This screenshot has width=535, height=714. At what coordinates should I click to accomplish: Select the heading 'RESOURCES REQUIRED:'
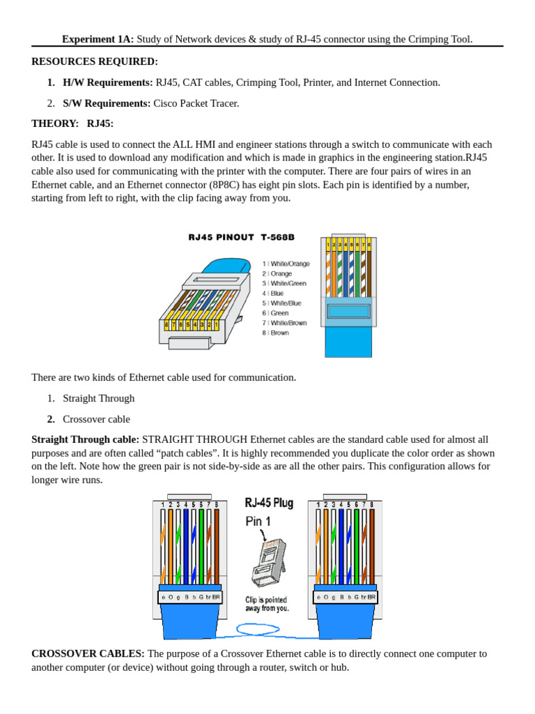(95, 61)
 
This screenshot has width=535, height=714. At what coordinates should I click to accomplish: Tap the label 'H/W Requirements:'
(107, 82)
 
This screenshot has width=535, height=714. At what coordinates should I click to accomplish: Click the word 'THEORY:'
(55, 123)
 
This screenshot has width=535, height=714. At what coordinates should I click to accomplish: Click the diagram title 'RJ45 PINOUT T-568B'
(241, 237)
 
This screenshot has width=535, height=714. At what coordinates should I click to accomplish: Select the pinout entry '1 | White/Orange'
(286, 264)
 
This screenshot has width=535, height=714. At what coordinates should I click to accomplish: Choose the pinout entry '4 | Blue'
(273, 294)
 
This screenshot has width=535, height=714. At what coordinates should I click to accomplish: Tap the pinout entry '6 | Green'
(275, 313)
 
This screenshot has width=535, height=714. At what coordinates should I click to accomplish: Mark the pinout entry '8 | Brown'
(275, 333)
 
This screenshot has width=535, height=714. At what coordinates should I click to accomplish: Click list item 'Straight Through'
(99, 398)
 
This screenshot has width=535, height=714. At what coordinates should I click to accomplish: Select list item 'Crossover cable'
(96, 419)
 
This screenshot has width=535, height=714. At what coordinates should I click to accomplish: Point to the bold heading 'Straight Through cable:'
(85, 440)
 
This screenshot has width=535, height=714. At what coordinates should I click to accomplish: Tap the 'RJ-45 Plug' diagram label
(269, 503)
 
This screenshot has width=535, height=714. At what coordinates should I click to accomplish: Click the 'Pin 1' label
(258, 522)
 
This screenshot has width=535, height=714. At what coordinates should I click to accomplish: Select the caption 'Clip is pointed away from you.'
(266, 604)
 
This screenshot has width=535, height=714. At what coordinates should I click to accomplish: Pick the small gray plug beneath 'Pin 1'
(268, 562)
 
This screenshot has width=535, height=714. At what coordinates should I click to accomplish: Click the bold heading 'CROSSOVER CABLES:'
(88, 654)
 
